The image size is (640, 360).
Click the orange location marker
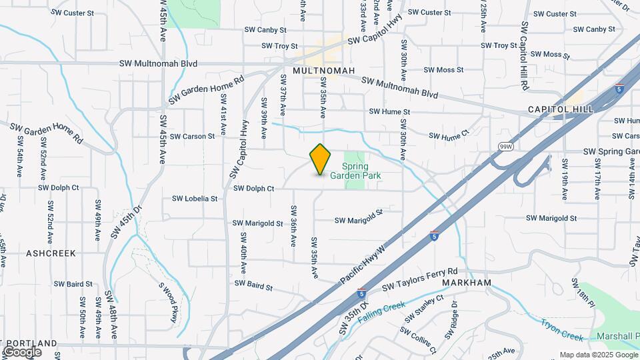point(321,159)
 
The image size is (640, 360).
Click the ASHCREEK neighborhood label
point(51,253)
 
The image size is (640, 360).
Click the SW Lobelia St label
point(195,199)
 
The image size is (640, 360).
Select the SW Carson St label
point(192,136)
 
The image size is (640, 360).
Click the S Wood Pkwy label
point(168,301)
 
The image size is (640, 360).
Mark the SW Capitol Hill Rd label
point(525,57)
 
